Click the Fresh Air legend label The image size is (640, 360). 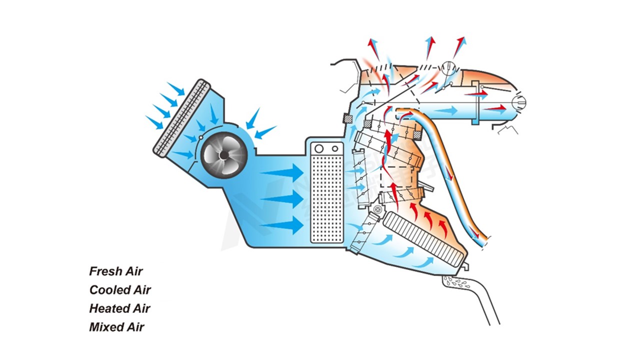(x=116, y=271)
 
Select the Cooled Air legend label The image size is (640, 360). (x=120, y=290)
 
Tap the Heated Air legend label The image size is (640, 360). (x=119, y=308)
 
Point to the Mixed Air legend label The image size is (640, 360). (x=116, y=327)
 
